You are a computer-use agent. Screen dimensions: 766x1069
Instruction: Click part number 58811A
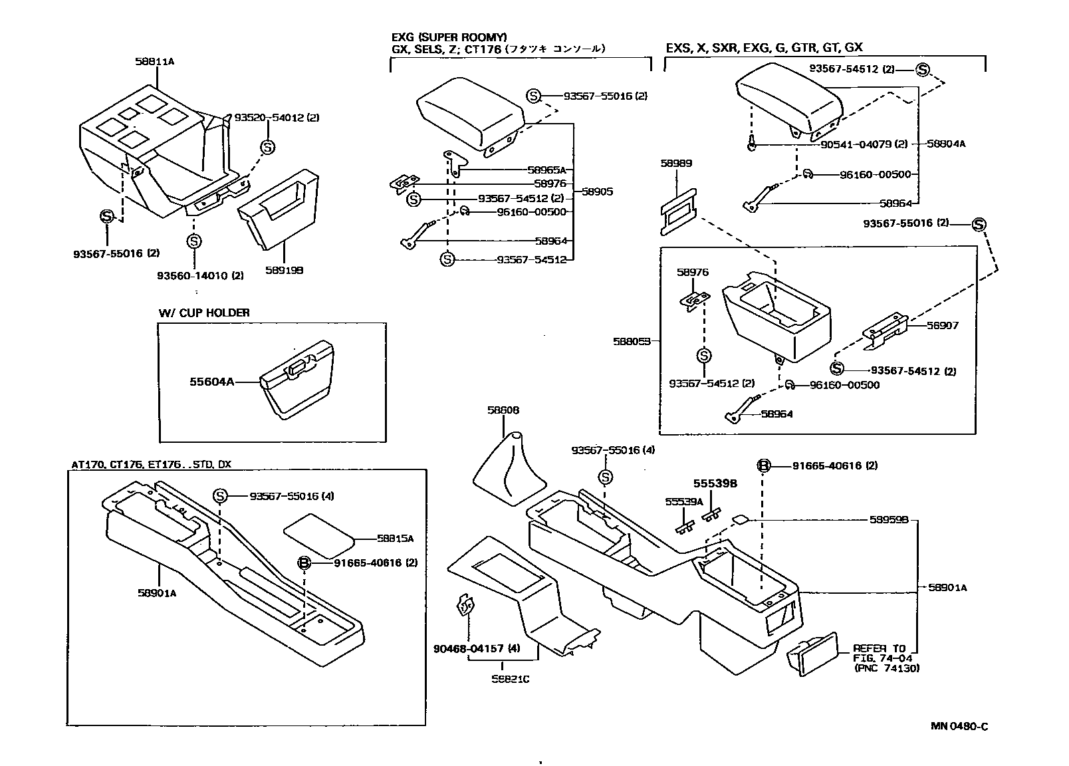(154, 61)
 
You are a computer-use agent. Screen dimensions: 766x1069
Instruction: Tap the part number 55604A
(211, 382)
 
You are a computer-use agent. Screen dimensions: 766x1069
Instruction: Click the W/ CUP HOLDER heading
(204, 313)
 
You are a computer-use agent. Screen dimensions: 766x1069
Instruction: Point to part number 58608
(503, 410)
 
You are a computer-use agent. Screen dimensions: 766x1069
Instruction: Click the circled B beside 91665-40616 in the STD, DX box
(304, 563)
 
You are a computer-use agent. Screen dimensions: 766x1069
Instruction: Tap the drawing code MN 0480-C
(959, 726)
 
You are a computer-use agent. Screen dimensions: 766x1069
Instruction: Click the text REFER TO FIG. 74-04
(879, 653)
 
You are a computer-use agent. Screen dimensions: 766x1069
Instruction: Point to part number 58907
(943, 326)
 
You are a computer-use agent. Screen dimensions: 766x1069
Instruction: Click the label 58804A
(947, 144)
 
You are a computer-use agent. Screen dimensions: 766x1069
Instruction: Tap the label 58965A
(546, 170)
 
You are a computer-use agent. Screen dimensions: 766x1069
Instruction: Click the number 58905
(597, 191)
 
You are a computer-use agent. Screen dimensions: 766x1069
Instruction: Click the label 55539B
(715, 483)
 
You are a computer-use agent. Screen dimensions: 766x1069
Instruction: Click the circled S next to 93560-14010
(193, 241)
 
